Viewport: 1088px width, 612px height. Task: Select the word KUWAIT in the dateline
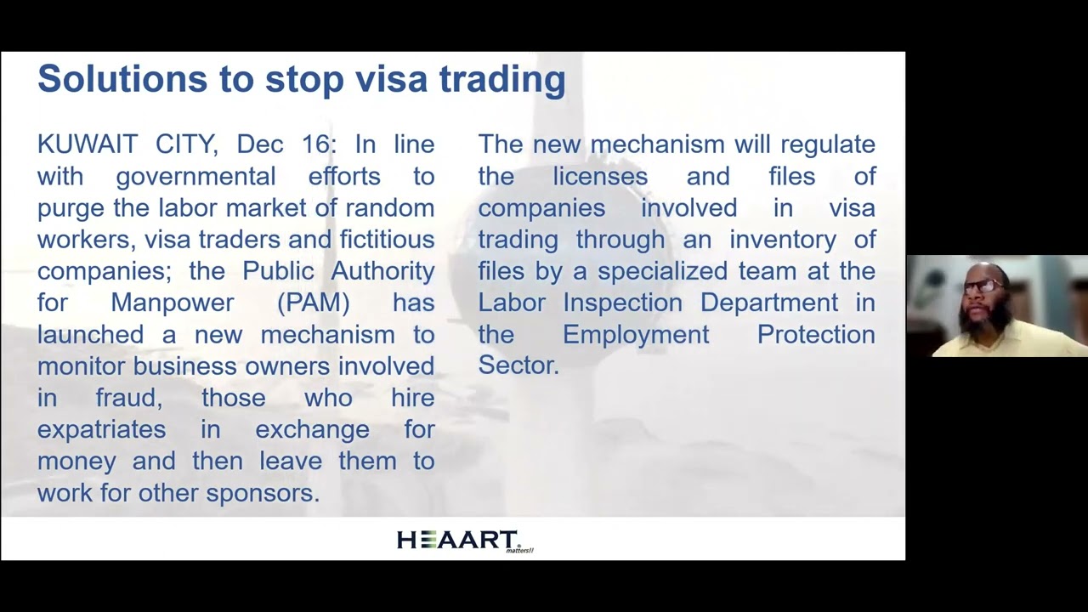[x=88, y=144]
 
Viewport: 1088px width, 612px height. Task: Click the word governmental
[x=195, y=178]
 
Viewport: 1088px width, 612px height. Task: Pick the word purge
[x=70, y=209]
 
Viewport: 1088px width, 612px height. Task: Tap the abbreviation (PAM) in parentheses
[x=314, y=303]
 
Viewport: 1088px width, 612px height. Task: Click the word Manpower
[x=172, y=303]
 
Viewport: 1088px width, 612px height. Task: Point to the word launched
[x=90, y=334]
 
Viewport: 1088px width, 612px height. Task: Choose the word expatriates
[x=101, y=429]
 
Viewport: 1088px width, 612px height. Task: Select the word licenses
[x=600, y=177]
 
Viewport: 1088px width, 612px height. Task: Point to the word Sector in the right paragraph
[x=518, y=365]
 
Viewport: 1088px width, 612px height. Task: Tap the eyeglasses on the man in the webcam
[x=984, y=286]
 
